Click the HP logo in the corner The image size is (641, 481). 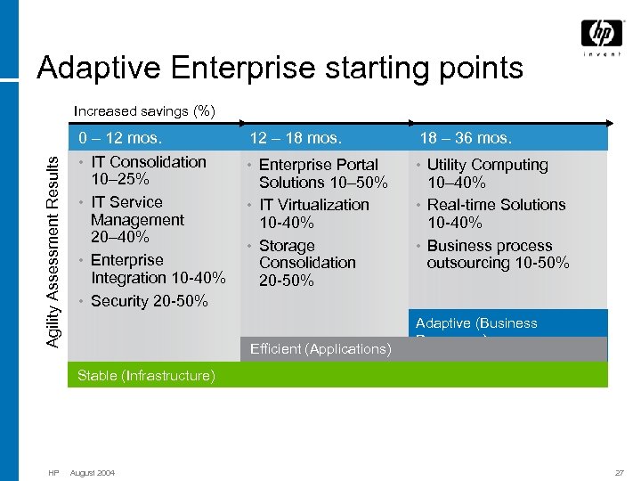(602, 37)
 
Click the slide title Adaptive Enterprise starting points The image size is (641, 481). (280, 68)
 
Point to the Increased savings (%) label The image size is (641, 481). (144, 111)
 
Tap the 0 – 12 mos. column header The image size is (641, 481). (120, 138)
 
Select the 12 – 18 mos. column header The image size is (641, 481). (296, 138)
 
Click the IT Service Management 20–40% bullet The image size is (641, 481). (137, 219)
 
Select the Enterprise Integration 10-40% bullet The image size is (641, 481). (158, 269)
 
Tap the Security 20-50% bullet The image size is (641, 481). (149, 301)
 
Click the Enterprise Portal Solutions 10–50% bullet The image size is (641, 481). (322, 173)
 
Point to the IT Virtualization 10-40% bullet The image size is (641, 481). (313, 213)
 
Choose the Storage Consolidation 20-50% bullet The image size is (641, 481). (306, 263)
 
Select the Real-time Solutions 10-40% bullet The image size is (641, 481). (495, 213)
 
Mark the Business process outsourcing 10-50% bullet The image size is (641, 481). (497, 254)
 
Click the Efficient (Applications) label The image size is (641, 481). (320, 349)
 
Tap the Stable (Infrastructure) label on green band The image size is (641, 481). (146, 376)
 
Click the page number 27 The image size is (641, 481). (619, 472)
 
